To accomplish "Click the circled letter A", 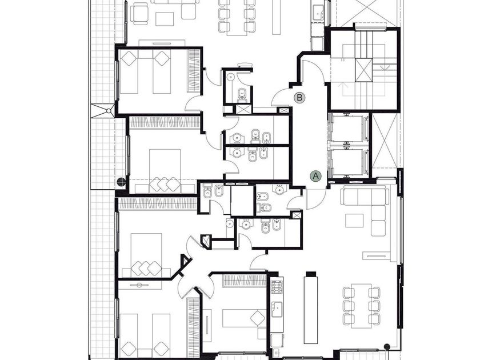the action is point(315,176).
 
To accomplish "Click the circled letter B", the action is point(299,98).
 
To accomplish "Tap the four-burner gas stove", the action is point(277,287).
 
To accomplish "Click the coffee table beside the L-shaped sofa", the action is point(354,221).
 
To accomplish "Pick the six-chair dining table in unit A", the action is point(362,306).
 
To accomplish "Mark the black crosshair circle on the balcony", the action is point(122,182).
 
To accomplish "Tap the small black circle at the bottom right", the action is point(387,346).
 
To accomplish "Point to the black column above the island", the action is point(311,274).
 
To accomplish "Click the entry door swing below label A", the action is point(315,199).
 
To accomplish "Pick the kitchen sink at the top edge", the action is point(319,12).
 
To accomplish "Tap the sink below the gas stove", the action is point(277,309).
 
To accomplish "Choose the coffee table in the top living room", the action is point(165,19).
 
